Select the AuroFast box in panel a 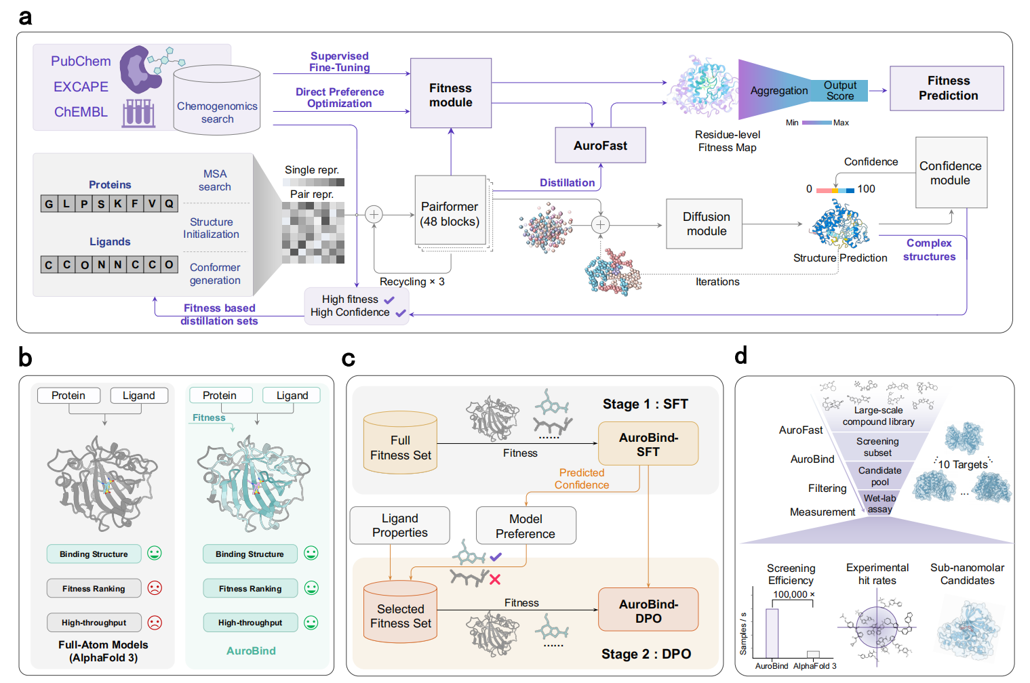pyautogui.click(x=600, y=145)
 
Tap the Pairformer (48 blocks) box pyautogui.click(x=450, y=213)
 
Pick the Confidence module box pyautogui.click(x=950, y=173)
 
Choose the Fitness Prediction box pyautogui.click(x=947, y=88)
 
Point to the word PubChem pyautogui.click(x=81, y=61)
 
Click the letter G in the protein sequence pyautogui.click(x=49, y=204)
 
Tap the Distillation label pyautogui.click(x=567, y=183)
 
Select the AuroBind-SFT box pyautogui.click(x=648, y=444)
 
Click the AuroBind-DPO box pyautogui.click(x=648, y=610)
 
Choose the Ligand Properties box pyautogui.click(x=399, y=526)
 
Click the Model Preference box pyautogui.click(x=526, y=526)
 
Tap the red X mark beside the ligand pyautogui.click(x=495, y=579)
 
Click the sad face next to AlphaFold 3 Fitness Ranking pyautogui.click(x=155, y=588)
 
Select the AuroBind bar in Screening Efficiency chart pyautogui.click(x=772, y=633)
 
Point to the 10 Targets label pyautogui.click(x=962, y=465)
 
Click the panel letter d pyautogui.click(x=741, y=355)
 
